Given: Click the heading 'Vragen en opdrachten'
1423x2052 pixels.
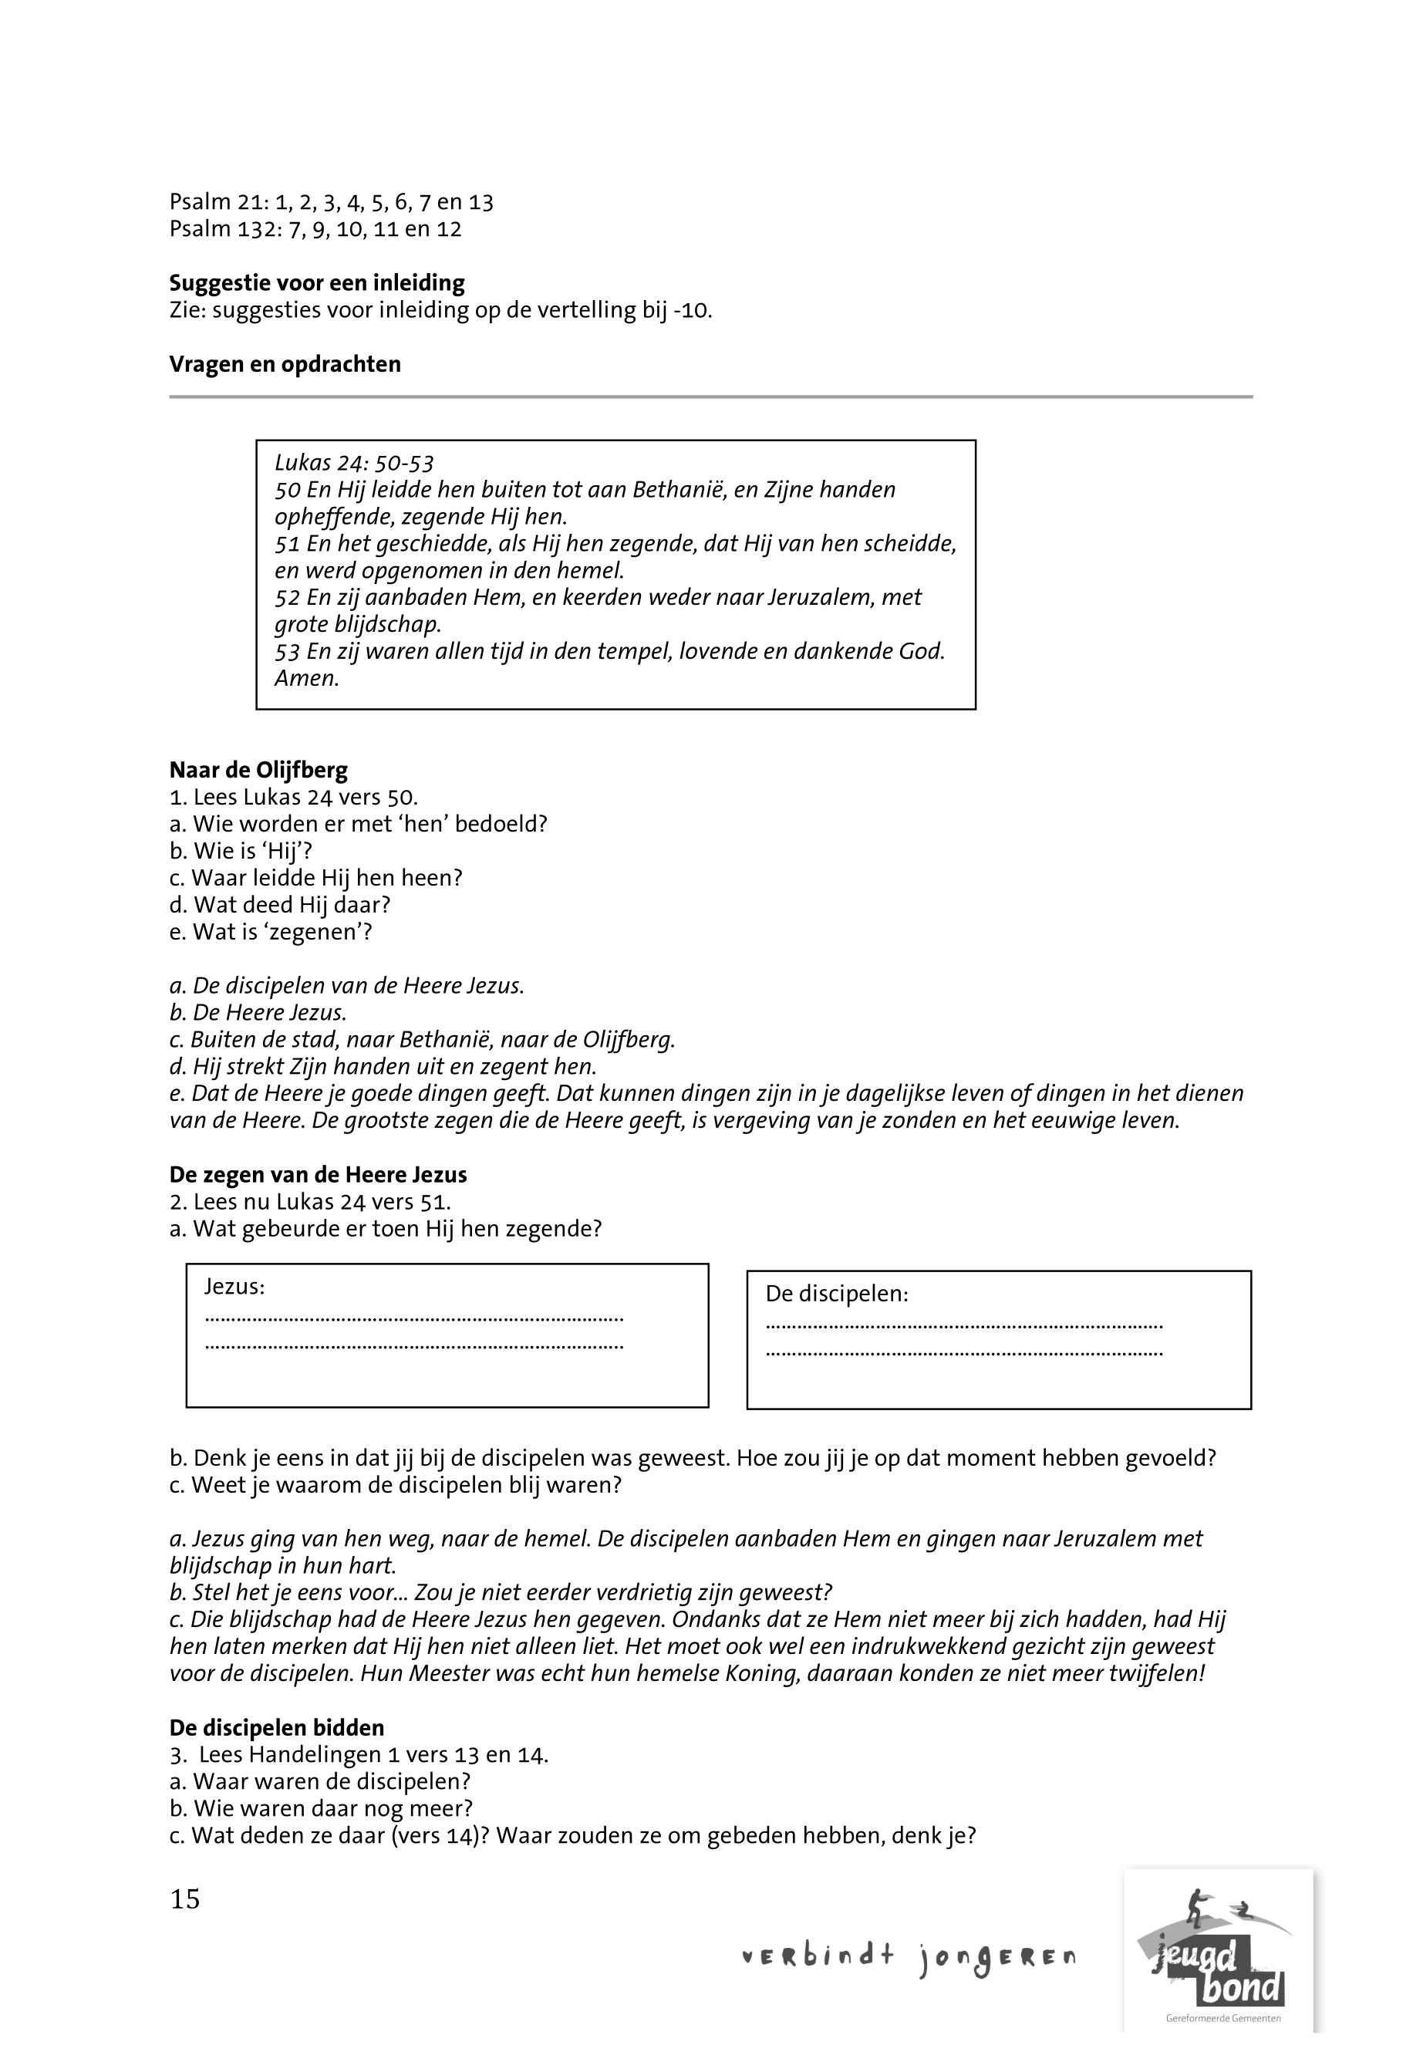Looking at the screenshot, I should click(x=285, y=365).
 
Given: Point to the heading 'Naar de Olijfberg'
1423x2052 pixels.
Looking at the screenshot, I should click(x=258, y=770).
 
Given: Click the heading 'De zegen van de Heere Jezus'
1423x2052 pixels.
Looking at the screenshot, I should click(x=318, y=1174).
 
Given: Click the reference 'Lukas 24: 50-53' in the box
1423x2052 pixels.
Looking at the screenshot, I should click(x=354, y=463).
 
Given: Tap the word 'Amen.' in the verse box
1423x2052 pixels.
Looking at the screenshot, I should click(x=307, y=678).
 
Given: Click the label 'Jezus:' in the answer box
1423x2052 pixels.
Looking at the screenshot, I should click(x=234, y=1286).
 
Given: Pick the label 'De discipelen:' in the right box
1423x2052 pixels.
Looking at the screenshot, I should click(x=836, y=1293).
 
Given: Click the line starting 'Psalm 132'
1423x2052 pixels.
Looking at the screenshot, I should click(x=315, y=229).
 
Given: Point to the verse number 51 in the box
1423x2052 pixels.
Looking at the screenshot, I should click(x=287, y=544).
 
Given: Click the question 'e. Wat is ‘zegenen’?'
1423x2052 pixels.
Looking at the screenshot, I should click(x=270, y=932).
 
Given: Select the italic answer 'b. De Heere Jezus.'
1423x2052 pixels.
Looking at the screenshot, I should click(x=258, y=1013).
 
